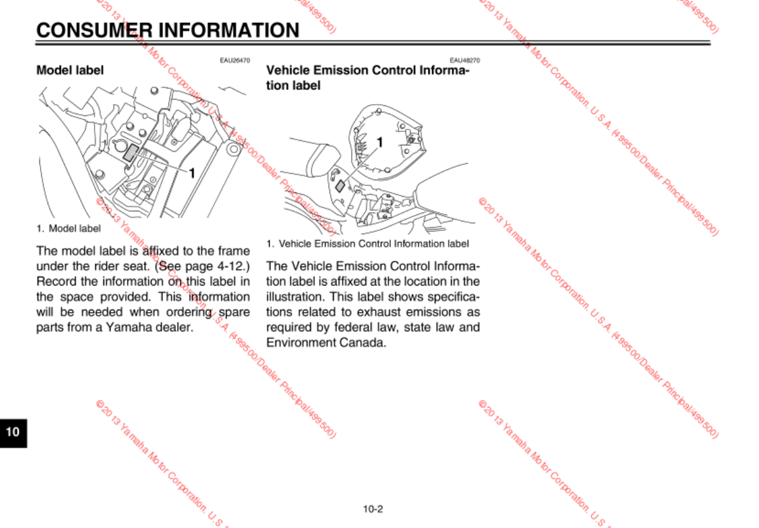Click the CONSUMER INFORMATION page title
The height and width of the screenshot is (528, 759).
click(168, 30)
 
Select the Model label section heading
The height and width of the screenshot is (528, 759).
click(70, 70)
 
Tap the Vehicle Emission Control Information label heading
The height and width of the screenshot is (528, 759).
click(368, 77)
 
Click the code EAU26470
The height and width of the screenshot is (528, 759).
click(235, 60)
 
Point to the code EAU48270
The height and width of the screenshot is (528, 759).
click(465, 60)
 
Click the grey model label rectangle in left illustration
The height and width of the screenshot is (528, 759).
click(132, 153)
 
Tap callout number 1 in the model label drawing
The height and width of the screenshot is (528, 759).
click(191, 172)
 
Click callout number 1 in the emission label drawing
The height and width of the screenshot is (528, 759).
click(379, 143)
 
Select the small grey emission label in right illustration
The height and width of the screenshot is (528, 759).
click(340, 185)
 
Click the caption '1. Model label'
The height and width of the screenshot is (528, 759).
click(69, 228)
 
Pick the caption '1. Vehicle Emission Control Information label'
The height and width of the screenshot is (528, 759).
click(368, 244)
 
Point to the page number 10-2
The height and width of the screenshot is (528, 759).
click(373, 508)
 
